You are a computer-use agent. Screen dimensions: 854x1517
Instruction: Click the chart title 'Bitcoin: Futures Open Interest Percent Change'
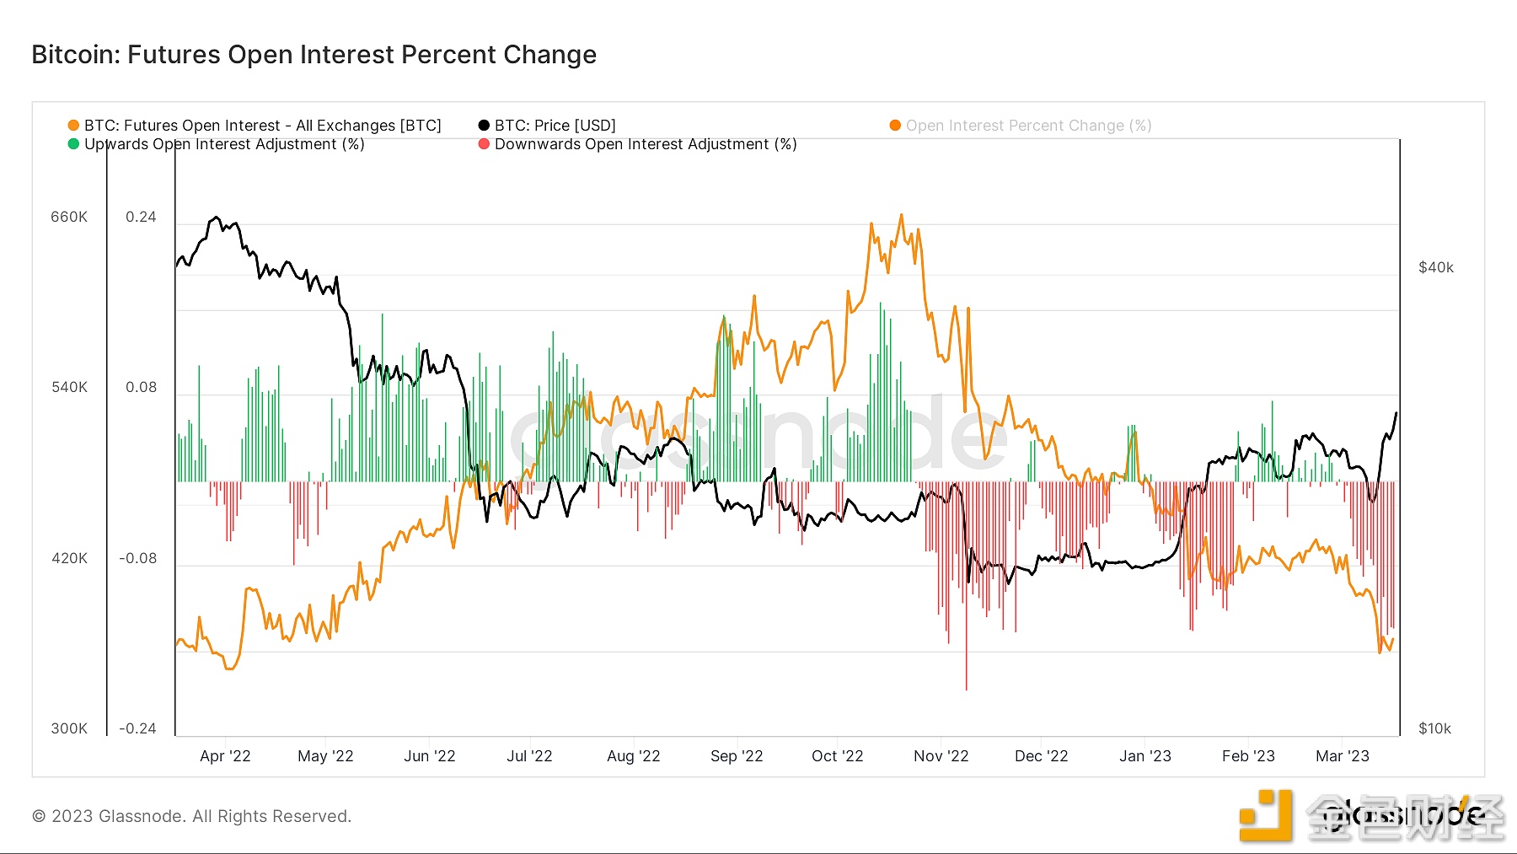point(314,55)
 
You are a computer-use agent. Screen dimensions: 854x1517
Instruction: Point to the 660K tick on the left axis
point(69,218)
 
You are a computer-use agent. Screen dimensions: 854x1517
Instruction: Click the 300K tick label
point(69,728)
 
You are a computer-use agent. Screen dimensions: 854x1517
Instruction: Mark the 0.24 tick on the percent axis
point(141,218)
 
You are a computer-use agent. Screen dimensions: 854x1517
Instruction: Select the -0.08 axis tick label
point(138,558)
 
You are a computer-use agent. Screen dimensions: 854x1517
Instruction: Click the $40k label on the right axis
point(1436,268)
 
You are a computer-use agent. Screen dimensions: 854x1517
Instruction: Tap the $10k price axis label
point(1434,728)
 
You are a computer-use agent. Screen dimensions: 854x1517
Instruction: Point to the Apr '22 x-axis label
point(225,756)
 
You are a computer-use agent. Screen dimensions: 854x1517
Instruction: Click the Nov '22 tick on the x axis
point(941,756)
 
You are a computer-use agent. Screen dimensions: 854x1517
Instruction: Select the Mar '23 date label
point(1342,756)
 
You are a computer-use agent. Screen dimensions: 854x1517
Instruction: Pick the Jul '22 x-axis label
point(529,756)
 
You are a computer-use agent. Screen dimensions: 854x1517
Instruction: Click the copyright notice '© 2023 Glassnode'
point(191,816)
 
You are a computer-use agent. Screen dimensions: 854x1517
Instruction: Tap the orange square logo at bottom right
point(1265,815)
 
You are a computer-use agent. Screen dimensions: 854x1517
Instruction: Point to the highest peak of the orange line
point(901,216)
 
